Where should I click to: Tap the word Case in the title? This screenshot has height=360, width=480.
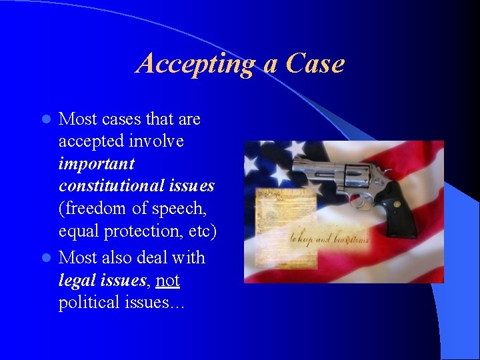pyautogui.click(x=315, y=64)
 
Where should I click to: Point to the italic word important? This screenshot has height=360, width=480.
pyautogui.click(x=97, y=164)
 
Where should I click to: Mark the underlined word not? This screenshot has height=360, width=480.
pyautogui.click(x=167, y=281)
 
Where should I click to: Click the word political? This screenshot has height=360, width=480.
pyautogui.click(x=91, y=303)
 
